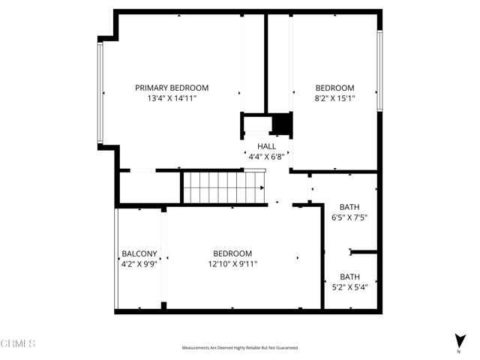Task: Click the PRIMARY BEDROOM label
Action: tap(172, 88)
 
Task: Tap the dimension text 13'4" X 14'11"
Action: tap(172, 98)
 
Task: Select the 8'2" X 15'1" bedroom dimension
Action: tap(334, 98)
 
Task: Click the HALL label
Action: tap(266, 146)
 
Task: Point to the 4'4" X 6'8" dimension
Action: tap(266, 157)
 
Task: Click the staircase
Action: tap(222, 187)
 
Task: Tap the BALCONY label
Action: tap(139, 253)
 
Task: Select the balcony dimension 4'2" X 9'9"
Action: tap(139, 264)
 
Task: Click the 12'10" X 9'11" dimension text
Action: tap(232, 264)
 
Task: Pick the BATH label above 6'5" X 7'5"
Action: tap(349, 207)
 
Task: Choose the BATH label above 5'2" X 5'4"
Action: tap(349, 277)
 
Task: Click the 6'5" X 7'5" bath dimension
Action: tap(349, 218)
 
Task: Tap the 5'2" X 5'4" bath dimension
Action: tap(349, 287)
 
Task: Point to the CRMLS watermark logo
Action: tap(19, 343)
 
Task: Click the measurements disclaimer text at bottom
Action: tap(240, 348)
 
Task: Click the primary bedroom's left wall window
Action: tap(100, 92)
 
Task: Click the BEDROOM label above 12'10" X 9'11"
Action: tap(232, 253)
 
